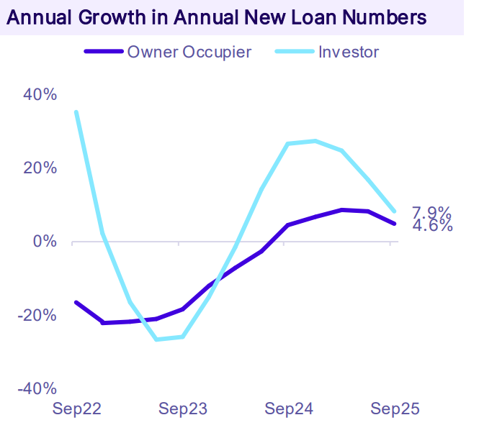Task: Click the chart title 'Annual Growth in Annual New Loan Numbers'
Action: tap(216, 17)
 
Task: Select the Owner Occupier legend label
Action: tap(189, 51)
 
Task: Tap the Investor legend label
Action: tap(349, 51)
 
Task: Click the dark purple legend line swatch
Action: tap(104, 52)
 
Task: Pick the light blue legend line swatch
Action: tap(295, 52)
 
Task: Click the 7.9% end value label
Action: tap(431, 213)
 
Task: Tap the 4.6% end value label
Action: tap(431, 226)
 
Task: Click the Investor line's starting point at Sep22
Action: tap(76, 112)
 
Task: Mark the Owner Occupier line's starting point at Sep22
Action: tap(76, 303)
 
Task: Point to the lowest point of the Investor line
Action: tap(157, 339)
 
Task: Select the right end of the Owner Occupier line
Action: tap(394, 224)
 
